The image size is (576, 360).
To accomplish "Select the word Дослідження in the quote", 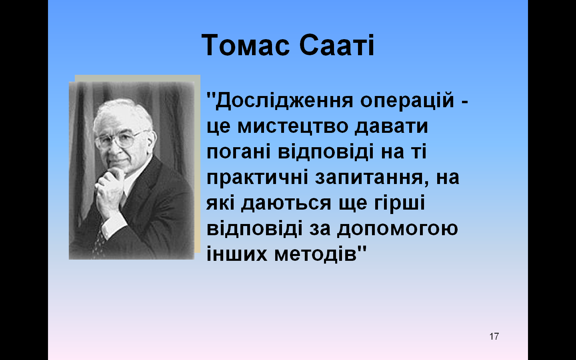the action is click(x=284, y=101).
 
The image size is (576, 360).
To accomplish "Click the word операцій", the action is click(x=407, y=100).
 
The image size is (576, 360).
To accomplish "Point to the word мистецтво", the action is click(x=293, y=126).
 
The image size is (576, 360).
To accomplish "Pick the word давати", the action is click(x=391, y=127).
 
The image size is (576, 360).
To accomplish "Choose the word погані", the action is click(x=238, y=152).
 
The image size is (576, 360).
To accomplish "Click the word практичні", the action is click(x=257, y=178).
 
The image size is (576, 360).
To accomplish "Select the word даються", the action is click(x=286, y=203).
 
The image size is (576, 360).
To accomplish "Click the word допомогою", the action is click(x=398, y=229).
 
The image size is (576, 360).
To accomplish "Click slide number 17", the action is click(x=494, y=336).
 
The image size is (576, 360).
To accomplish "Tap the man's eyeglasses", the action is click(x=121, y=140).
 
